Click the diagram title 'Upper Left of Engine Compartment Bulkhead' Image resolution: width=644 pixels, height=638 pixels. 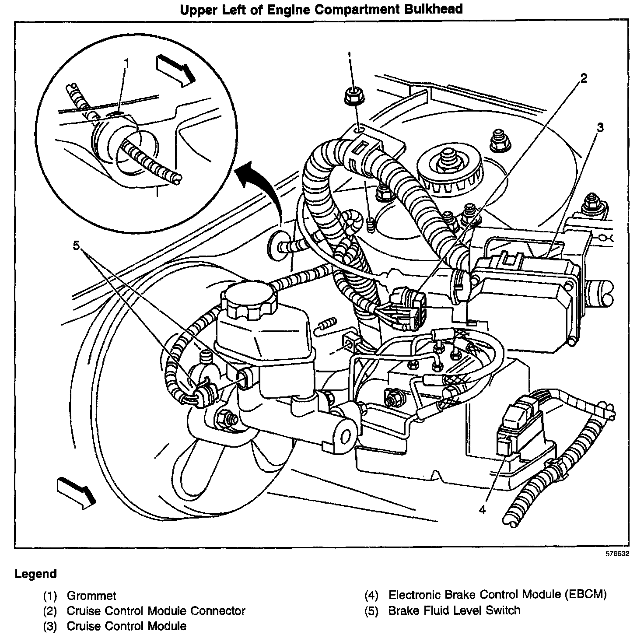click(321, 9)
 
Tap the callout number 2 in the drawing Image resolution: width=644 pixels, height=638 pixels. click(584, 79)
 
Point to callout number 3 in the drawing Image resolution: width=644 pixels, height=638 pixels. click(600, 127)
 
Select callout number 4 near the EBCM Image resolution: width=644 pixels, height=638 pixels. click(482, 510)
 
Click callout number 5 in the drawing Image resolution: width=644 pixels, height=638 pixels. click(76, 245)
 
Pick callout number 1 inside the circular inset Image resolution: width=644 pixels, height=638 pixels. click(126, 63)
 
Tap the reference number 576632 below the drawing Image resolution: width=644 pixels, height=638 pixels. click(617, 563)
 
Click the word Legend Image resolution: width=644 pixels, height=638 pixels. click(36, 583)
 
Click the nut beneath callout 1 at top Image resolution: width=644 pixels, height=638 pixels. click(353, 96)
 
